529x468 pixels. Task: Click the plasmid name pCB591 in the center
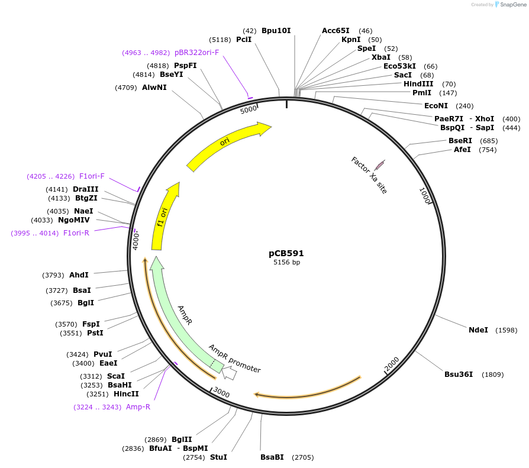[286, 253]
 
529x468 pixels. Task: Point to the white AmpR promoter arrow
[230, 373]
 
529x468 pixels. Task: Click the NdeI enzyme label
[478, 330]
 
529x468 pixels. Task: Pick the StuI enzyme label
[218, 457]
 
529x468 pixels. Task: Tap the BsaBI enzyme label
[272, 457]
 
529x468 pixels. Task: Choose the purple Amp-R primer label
[138, 407]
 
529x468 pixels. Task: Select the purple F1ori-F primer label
[92, 176]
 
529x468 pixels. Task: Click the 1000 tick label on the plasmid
[424, 196]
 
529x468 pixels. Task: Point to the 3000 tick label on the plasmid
[221, 392]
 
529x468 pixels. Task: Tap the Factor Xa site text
[369, 175]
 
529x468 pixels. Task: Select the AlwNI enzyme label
[154, 88]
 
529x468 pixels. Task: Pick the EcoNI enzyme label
[436, 106]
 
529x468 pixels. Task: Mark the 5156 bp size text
[286, 262]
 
